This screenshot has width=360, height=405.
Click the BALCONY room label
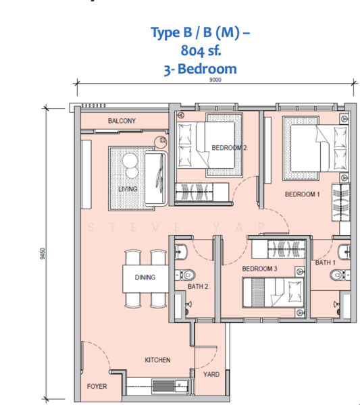click(x=122, y=121)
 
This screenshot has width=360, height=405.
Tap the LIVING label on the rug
click(x=128, y=189)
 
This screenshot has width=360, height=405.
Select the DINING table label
click(x=145, y=277)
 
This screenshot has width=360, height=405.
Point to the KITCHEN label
click(x=157, y=360)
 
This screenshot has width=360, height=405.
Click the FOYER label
click(x=97, y=386)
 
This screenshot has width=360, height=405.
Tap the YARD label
click(x=211, y=374)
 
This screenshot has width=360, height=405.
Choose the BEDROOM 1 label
click(x=303, y=194)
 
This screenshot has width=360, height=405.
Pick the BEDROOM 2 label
click(x=229, y=148)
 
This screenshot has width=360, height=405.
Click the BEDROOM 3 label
click(x=259, y=269)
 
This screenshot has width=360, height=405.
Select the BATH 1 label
click(x=326, y=263)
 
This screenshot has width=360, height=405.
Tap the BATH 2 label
click(x=198, y=286)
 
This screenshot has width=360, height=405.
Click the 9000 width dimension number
click(x=215, y=80)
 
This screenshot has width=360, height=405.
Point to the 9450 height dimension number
click(x=43, y=254)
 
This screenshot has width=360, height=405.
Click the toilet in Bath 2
click(x=186, y=275)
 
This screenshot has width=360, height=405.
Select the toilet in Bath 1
click(x=340, y=275)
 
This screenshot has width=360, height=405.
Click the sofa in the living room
click(x=156, y=179)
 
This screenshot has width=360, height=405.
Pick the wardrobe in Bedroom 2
click(x=202, y=192)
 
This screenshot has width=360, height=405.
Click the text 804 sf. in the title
click(x=201, y=51)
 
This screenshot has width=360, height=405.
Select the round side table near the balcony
click(x=161, y=142)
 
